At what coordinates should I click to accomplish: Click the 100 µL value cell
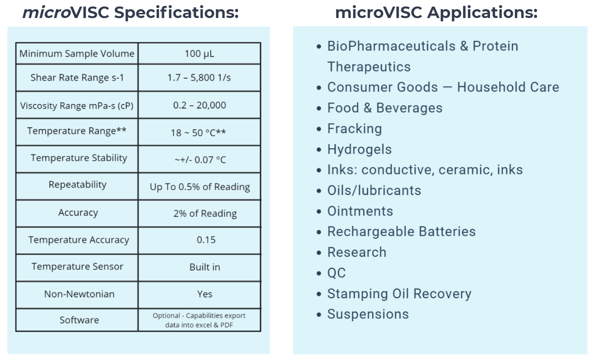click(x=199, y=54)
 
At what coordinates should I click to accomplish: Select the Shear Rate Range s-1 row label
click(x=77, y=78)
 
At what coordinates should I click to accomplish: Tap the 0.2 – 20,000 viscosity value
click(x=199, y=105)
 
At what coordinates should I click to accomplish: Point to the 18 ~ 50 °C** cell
click(x=198, y=132)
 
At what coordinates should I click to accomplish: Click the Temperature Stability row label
click(x=79, y=158)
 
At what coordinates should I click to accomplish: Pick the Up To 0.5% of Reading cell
click(x=199, y=187)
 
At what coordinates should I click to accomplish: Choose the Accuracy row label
click(x=78, y=213)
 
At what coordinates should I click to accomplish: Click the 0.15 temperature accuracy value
click(x=206, y=240)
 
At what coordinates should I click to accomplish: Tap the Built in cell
click(x=205, y=267)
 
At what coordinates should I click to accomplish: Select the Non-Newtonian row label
click(x=79, y=294)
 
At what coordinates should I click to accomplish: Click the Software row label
click(x=79, y=320)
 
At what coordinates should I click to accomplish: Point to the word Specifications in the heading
click(x=176, y=13)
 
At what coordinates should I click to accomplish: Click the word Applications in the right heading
click(x=482, y=13)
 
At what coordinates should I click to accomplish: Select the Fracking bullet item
click(x=354, y=129)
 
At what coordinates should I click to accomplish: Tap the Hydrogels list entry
click(x=359, y=149)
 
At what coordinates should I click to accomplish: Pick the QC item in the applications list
click(x=336, y=273)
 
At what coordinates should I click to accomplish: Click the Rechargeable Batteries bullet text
click(x=401, y=232)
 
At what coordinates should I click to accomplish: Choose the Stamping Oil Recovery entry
click(x=399, y=293)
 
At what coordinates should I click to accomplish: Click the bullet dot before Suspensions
click(x=319, y=315)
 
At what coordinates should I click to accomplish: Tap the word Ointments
click(x=360, y=211)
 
